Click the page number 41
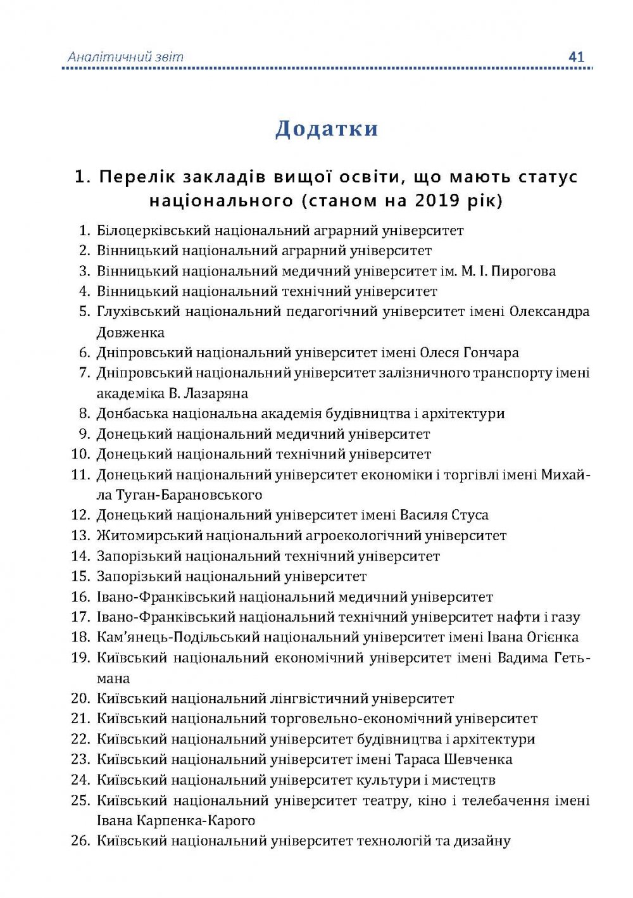click(576, 56)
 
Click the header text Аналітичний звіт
click(125, 57)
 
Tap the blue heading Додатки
click(327, 129)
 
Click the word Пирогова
click(523, 271)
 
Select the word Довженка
click(130, 332)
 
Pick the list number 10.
click(81, 454)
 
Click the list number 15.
click(81, 576)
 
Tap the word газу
click(565, 617)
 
